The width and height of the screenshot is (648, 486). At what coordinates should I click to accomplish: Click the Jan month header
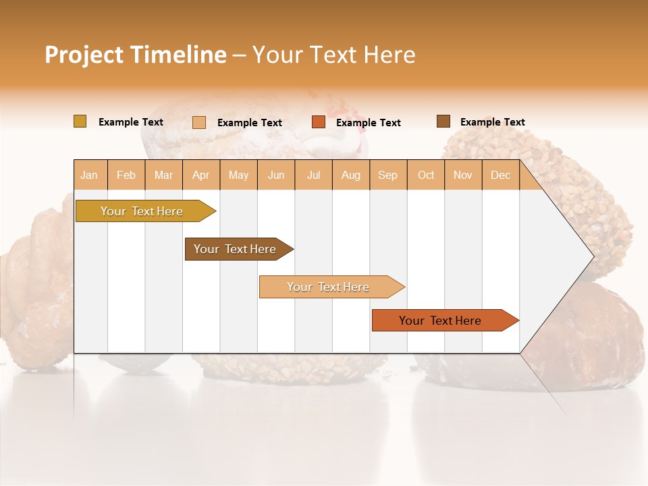click(x=89, y=175)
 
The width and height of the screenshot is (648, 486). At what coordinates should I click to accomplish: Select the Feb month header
click(x=126, y=175)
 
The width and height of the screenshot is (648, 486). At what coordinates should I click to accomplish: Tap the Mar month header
click(x=163, y=175)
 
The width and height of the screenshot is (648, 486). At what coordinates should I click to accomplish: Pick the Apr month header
click(x=201, y=175)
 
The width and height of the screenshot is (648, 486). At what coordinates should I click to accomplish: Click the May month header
click(x=238, y=175)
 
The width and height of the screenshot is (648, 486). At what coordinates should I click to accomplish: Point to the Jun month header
click(x=276, y=175)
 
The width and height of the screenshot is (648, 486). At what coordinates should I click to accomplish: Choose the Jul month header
click(x=313, y=175)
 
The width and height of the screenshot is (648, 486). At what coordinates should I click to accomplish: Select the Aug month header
click(x=351, y=175)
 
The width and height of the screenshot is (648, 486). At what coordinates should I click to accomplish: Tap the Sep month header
click(x=388, y=175)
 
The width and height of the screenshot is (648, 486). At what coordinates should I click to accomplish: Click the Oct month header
click(x=426, y=175)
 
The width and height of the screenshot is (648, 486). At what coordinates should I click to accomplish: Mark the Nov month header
click(x=463, y=175)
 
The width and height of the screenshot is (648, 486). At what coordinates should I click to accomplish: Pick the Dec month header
click(x=501, y=175)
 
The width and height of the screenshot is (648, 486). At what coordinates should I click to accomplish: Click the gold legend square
click(x=80, y=122)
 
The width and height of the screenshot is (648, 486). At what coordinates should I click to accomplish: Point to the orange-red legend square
click(x=319, y=122)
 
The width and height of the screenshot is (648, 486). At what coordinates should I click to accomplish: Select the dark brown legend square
click(x=443, y=122)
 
